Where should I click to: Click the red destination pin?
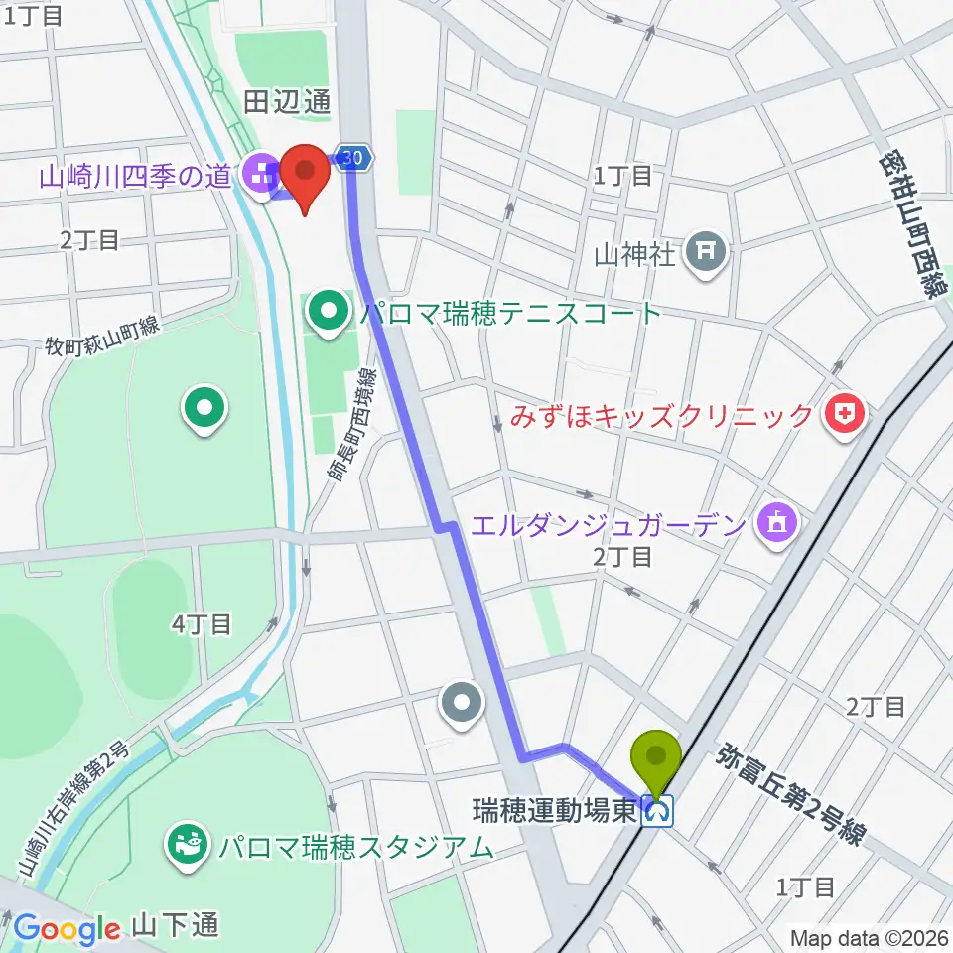(305, 177)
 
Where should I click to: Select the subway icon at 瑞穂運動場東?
(657, 812)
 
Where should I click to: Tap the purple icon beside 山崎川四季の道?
(262, 177)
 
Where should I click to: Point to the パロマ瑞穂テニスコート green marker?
(328, 313)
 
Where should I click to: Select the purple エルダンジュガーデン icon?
(776, 523)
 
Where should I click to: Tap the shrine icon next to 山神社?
(709, 254)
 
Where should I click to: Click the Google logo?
(67, 929)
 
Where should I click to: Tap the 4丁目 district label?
(202, 624)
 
